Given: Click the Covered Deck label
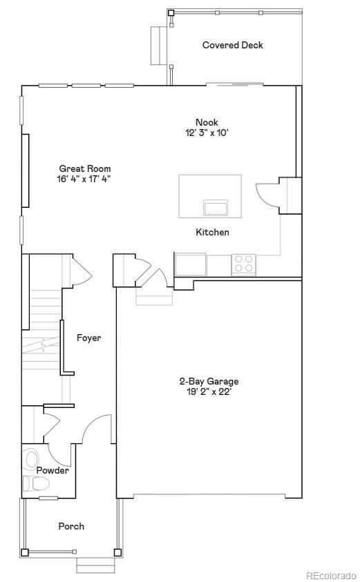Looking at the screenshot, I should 232,46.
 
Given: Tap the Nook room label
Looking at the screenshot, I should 207,123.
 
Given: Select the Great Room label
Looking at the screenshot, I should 84,168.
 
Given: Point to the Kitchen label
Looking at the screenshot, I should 212,233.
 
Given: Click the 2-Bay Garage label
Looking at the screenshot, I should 209,381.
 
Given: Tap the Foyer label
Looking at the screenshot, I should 88,338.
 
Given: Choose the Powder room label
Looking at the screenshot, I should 53,470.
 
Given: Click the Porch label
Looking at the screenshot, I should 71,526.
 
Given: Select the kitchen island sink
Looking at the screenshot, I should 216,208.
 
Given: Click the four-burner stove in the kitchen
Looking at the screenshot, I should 243,264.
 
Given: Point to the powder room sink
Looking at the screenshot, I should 32,459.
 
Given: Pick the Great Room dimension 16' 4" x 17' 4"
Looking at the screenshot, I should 84,179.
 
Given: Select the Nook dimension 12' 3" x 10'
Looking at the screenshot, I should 207,133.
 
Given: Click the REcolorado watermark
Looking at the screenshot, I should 332,574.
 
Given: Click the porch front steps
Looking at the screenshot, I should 95,565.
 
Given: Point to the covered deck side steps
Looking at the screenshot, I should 156,45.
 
